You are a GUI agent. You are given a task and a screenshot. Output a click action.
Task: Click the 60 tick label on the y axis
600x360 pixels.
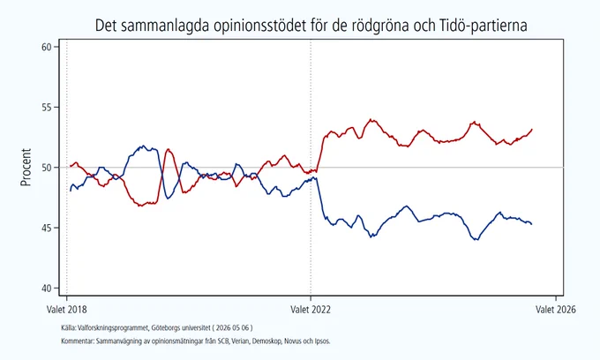[x=46, y=47]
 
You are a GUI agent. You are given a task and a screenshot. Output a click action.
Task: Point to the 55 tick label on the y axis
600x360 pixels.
[x=46, y=107]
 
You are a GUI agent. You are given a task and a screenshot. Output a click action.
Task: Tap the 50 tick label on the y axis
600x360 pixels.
[x=46, y=168]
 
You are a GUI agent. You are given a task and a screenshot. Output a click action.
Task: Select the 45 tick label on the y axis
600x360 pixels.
[x=46, y=228]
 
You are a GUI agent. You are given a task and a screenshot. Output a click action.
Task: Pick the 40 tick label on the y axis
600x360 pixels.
[x=46, y=288]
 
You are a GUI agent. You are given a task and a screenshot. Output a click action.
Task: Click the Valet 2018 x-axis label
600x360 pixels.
[x=66, y=309]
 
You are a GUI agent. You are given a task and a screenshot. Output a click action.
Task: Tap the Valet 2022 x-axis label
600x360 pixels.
[x=311, y=309]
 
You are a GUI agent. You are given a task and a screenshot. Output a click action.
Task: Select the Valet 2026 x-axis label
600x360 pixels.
[x=556, y=309]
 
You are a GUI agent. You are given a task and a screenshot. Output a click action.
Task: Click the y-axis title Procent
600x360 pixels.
[x=26, y=167]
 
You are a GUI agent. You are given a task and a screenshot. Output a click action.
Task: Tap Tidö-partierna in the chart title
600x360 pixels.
[x=481, y=26]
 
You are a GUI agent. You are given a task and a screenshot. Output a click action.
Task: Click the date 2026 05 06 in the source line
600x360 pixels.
[x=233, y=328]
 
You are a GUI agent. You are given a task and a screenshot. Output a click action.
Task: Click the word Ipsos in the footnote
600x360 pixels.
[x=322, y=341]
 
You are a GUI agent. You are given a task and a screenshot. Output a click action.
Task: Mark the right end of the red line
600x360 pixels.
[x=532, y=130]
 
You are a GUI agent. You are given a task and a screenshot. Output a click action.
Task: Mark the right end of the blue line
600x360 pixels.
[x=531, y=224]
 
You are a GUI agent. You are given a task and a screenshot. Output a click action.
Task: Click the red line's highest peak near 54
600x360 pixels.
[x=371, y=119]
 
